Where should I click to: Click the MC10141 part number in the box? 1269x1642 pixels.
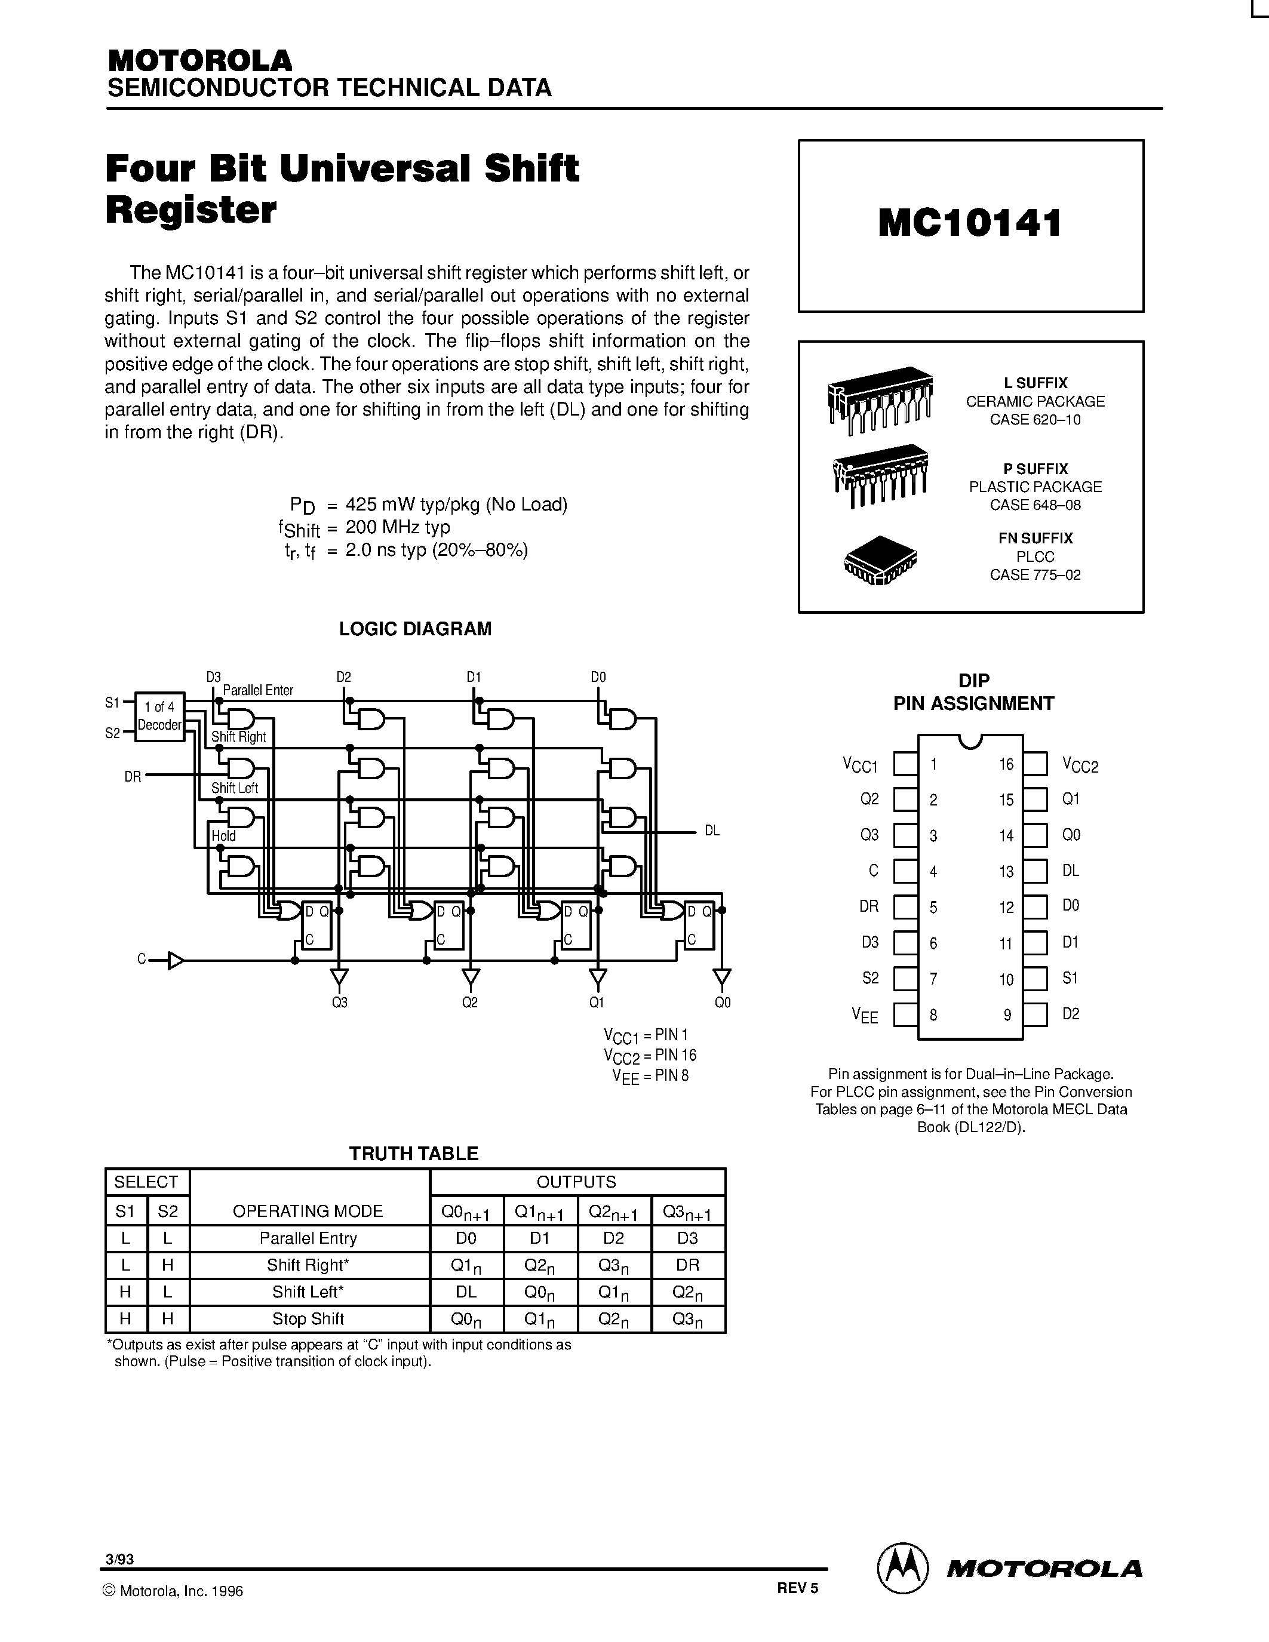click(970, 223)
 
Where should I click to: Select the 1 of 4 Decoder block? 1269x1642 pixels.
click(159, 716)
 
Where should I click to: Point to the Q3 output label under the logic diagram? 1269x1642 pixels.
click(340, 1002)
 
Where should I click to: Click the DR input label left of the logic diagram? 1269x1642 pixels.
click(133, 777)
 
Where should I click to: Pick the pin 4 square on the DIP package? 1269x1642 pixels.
click(905, 871)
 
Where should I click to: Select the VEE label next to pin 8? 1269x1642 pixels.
click(865, 1016)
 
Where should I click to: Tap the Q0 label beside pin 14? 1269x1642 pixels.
click(1071, 835)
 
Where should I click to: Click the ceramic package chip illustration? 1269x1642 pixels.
click(880, 398)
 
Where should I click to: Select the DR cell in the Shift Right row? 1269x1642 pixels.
click(687, 1265)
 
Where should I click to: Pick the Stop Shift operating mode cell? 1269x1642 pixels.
click(308, 1319)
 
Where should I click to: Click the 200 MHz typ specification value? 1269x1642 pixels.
click(398, 527)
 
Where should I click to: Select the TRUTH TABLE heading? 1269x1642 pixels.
click(413, 1154)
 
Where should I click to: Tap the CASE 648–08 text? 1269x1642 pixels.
click(1034, 505)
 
